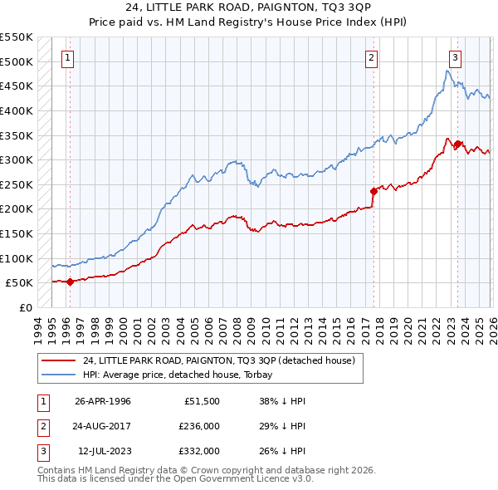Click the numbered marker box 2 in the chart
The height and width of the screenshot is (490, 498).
[x=371, y=57]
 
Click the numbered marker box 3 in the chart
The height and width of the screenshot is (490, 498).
[x=456, y=57]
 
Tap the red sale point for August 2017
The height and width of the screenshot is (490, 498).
[x=373, y=192]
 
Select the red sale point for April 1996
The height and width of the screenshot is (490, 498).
[x=70, y=282]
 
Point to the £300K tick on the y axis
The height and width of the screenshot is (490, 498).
[x=17, y=159]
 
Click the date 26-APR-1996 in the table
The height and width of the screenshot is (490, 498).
[x=102, y=401]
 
